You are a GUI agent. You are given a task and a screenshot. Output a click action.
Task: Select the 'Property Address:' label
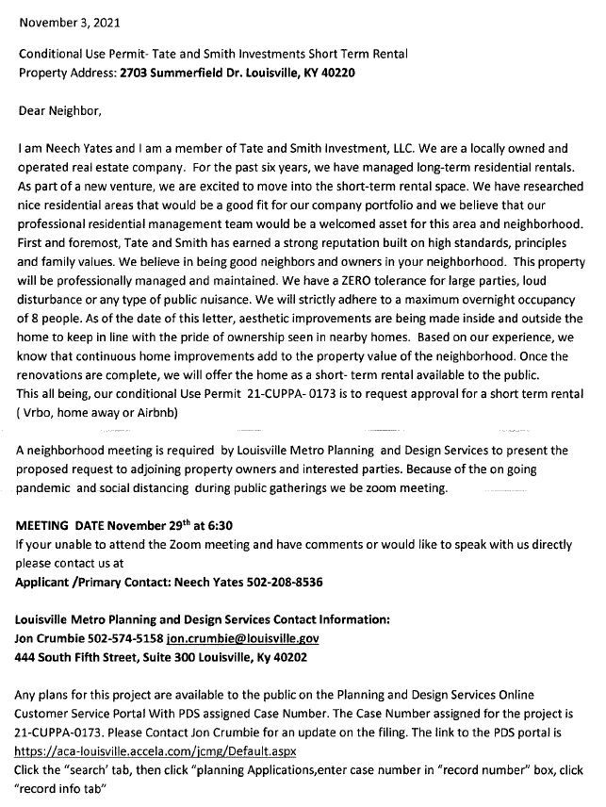click(x=67, y=73)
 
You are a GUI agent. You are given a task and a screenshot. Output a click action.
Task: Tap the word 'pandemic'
click(x=44, y=489)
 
